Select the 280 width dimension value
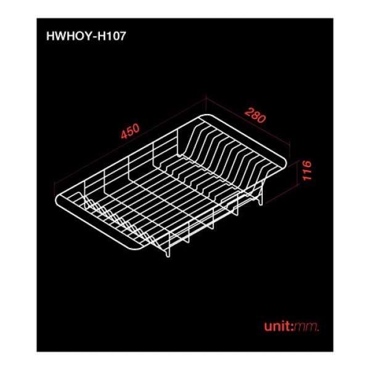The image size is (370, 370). pyautogui.click(x=255, y=115)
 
